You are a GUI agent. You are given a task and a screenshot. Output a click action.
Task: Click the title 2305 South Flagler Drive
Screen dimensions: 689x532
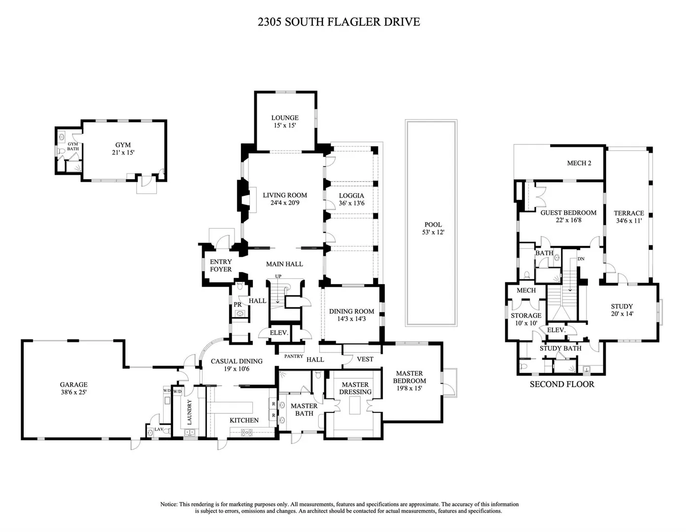[339, 22]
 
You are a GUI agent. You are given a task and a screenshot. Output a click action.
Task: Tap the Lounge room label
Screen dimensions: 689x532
[285, 118]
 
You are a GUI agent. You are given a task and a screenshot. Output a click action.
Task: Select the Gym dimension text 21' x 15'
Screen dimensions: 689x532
[123, 152]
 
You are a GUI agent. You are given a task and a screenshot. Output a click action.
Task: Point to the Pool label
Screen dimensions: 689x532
[433, 225]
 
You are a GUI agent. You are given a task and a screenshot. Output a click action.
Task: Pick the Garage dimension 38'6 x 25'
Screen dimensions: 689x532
[73, 392]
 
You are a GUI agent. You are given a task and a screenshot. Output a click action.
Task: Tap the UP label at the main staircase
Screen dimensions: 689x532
[278, 276]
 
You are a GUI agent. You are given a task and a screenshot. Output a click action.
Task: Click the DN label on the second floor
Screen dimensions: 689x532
[581, 259]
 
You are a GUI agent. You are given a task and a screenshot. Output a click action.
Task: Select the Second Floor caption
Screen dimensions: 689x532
[562, 384]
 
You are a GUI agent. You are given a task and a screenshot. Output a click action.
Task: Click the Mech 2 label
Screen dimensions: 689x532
[579, 163]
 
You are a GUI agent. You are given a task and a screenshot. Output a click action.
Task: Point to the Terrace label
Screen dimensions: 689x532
[629, 213]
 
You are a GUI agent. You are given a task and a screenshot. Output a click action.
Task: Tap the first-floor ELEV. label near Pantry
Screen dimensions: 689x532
[279, 333]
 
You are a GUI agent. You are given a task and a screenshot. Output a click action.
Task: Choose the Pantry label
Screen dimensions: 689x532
[294, 356]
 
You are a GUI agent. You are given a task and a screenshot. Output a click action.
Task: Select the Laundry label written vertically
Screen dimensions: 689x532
[190, 412]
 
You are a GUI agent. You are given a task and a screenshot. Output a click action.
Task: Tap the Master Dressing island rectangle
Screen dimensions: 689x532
[355, 405]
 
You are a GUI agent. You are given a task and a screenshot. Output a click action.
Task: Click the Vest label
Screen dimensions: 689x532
[365, 359]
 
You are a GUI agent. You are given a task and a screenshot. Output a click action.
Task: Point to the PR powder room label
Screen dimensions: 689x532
[238, 305]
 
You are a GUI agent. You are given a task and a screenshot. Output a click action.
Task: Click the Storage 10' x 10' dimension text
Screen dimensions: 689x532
[526, 323]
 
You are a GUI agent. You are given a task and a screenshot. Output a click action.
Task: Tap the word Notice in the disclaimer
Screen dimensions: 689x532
[169, 504]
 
